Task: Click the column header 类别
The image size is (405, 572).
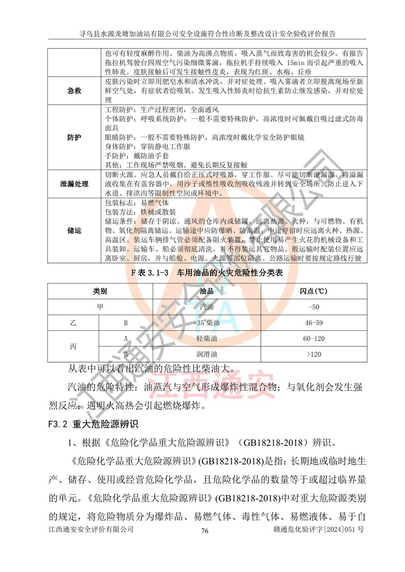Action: coord(100,292)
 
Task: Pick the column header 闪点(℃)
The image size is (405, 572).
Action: coord(314,292)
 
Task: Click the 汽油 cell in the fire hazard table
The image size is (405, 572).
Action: coord(211,307)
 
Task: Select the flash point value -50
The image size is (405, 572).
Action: coord(314,307)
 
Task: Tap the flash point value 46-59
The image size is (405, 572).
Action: coord(314,323)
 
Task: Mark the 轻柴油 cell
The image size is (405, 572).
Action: coord(211,339)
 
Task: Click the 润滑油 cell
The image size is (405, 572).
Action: coord(211,354)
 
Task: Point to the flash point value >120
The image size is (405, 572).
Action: coord(314,354)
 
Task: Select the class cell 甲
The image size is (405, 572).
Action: coord(100,307)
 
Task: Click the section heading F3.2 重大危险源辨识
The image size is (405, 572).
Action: coord(92,423)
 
